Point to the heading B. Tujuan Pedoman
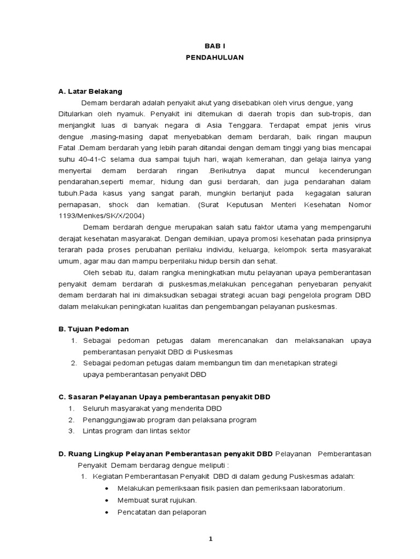[94, 329]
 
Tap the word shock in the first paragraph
[125, 205]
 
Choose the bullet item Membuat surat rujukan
[157, 500]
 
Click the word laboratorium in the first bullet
[319, 488]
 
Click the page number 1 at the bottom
[210, 539]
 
